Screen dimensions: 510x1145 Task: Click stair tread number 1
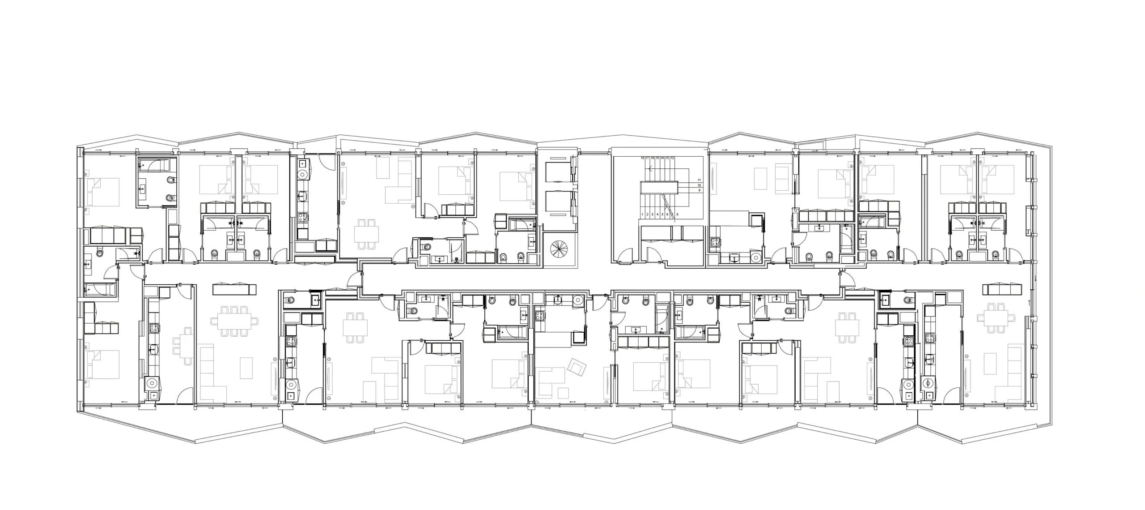643,215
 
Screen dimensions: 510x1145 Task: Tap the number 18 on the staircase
643,158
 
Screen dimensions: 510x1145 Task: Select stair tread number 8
678,215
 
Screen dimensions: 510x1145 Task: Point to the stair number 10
699,185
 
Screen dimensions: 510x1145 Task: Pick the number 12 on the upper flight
672,158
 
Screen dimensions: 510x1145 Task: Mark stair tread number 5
662,215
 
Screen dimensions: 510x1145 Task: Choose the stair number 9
699,191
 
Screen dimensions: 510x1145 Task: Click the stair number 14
662,158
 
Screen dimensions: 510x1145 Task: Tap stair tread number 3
653,215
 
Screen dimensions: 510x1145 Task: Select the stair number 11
699,180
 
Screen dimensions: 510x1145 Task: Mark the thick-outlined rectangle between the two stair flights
659,188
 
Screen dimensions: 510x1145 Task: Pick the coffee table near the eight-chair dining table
247,368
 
